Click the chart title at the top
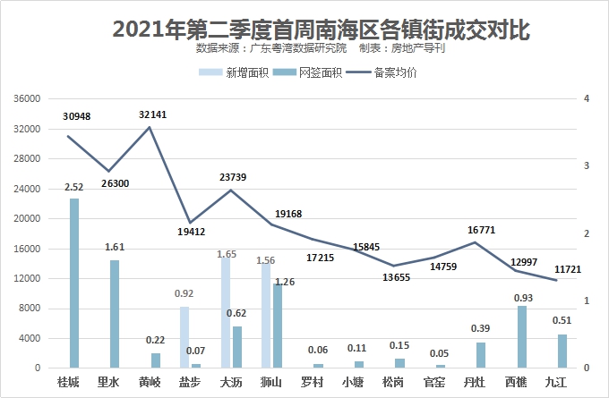(321, 30)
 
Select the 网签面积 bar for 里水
(115, 314)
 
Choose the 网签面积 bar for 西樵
(522, 336)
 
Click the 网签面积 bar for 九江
(562, 351)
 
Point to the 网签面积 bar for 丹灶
(481, 355)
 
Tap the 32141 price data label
(152, 115)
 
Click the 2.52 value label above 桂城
(74, 187)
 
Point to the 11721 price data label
(568, 269)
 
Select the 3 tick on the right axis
(586, 166)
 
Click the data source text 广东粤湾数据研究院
(296, 49)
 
